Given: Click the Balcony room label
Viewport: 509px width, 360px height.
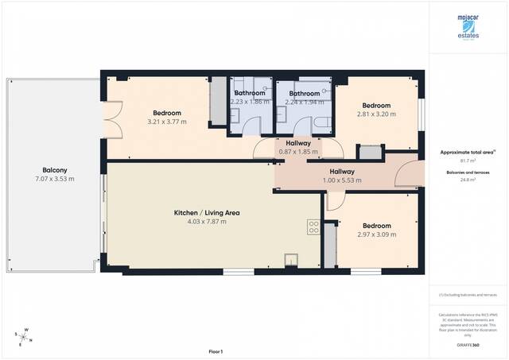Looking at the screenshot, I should pyautogui.click(x=55, y=169).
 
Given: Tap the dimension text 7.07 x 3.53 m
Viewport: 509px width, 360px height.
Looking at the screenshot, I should pyautogui.click(x=55, y=179).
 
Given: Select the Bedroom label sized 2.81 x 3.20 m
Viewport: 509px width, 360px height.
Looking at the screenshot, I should pyautogui.click(x=376, y=106).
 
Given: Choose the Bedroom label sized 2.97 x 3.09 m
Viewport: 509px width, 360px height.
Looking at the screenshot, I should pyautogui.click(x=376, y=226).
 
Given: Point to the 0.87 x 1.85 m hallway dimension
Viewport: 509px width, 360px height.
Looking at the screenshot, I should pyautogui.click(x=298, y=151).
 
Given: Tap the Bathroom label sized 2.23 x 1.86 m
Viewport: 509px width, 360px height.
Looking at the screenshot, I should pyautogui.click(x=250, y=93).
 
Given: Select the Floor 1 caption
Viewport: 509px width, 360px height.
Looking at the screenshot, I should pyautogui.click(x=216, y=350).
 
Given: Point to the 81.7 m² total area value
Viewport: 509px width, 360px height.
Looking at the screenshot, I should pyautogui.click(x=468, y=161).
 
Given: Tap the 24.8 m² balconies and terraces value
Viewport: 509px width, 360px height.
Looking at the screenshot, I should pyautogui.click(x=468, y=180).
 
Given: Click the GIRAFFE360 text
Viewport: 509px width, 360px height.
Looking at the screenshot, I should pyautogui.click(x=468, y=345).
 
